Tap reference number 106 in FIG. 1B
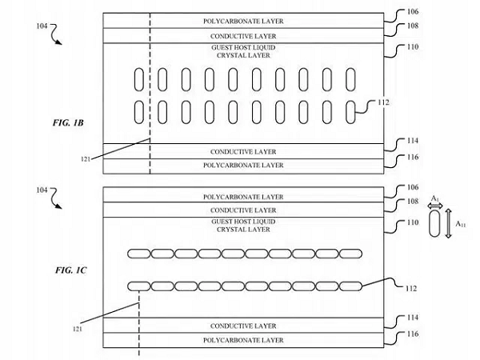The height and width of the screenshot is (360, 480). click(414, 13)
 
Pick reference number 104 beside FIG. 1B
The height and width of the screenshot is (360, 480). click(46, 26)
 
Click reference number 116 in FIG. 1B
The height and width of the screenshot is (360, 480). click(414, 157)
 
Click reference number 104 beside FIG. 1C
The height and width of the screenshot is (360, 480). click(46, 190)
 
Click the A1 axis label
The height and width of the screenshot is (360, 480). click(436, 196)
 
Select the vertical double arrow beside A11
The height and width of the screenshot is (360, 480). click(451, 226)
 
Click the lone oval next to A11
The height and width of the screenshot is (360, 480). click(436, 229)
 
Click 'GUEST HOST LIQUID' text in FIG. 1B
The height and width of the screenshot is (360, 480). click(243, 48)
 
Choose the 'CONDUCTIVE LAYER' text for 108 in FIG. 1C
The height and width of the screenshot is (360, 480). click(243, 209)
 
